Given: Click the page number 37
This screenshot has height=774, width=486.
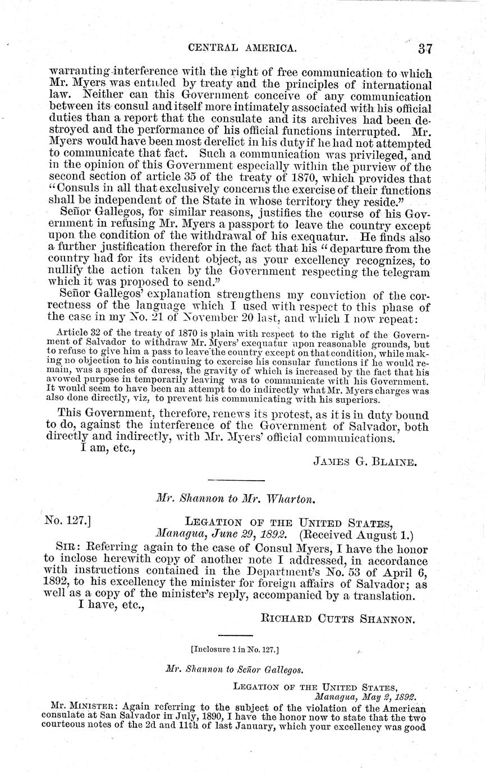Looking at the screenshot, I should (425, 49).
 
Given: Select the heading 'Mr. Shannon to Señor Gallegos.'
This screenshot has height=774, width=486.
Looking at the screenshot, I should (235, 669).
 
